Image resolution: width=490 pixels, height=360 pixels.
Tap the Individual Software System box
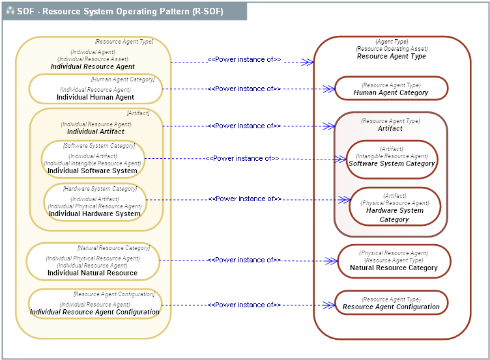(x=93, y=160)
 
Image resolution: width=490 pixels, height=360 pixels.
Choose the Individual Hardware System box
(x=94, y=202)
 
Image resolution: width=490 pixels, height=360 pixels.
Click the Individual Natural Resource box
(x=93, y=262)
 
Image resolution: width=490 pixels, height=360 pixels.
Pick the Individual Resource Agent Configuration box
(x=94, y=304)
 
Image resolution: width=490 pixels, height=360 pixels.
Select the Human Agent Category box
(x=391, y=89)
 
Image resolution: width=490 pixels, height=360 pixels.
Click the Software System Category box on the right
(x=391, y=159)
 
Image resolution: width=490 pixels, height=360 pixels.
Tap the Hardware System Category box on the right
(x=394, y=206)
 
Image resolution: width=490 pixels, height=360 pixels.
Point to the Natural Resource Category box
(x=394, y=260)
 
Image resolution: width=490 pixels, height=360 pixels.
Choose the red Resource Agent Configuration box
(x=391, y=303)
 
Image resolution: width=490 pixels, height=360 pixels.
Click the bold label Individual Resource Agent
(x=93, y=66)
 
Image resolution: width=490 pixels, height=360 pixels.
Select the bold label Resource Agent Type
(x=391, y=57)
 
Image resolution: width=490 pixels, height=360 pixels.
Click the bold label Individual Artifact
(x=96, y=132)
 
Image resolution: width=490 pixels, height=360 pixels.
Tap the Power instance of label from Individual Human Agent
(x=244, y=89)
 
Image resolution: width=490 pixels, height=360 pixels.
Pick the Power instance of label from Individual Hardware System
(x=244, y=199)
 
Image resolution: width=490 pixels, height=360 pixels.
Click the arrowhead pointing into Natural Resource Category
(x=334, y=260)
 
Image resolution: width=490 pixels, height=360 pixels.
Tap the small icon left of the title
(x=10, y=11)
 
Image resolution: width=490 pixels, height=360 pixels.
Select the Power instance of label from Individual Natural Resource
(x=244, y=260)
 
